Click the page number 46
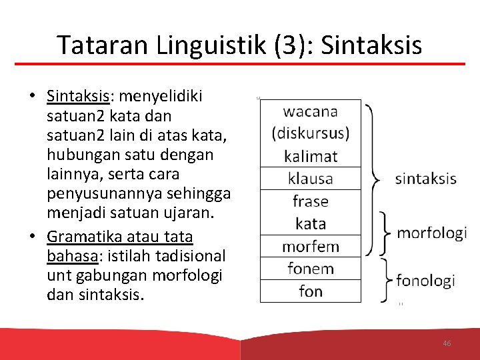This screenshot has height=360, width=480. click(x=447, y=343)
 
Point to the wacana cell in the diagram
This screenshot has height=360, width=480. click(x=311, y=111)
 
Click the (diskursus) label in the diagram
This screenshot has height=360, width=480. click(x=311, y=133)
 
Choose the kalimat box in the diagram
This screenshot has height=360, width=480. click(x=311, y=157)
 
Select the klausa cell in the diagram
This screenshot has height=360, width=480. click(x=311, y=179)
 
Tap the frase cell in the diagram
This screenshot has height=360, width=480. click(x=311, y=201)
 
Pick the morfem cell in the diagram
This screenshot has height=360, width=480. click(x=311, y=247)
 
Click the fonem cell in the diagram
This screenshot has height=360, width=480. click(x=311, y=269)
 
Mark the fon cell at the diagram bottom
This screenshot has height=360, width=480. click(x=311, y=291)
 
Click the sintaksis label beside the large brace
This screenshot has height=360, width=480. click(x=426, y=179)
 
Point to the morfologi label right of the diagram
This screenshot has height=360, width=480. click(x=431, y=233)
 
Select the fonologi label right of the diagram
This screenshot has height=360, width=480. click(x=425, y=281)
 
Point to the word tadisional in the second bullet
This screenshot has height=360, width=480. click(x=192, y=256)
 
